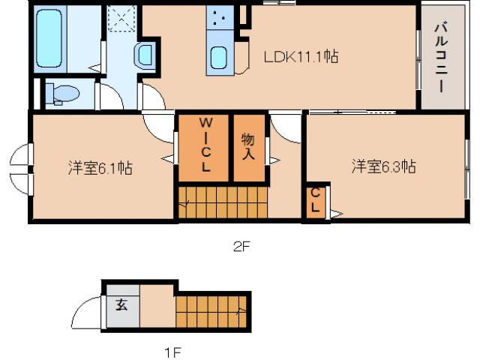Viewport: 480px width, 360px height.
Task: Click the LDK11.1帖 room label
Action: click(300, 56)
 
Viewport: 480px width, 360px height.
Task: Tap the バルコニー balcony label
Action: click(439, 57)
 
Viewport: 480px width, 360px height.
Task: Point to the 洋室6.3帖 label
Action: click(384, 166)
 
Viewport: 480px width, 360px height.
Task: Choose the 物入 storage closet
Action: click(248, 145)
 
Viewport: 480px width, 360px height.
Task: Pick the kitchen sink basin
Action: click(219, 57)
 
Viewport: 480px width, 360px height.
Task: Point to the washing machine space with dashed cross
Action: click(121, 19)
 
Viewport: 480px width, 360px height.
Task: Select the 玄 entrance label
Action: click(121, 306)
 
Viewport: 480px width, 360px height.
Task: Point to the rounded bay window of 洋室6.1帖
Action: click(19, 169)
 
